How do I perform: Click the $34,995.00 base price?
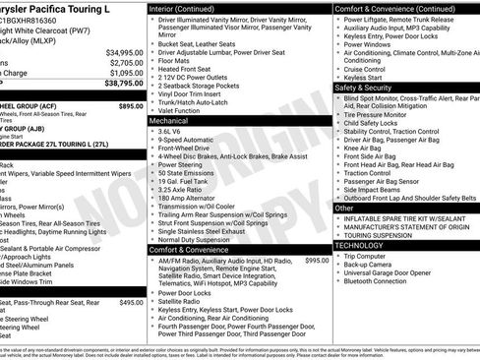[x=125, y=52]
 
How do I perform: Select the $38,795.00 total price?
[x=125, y=85]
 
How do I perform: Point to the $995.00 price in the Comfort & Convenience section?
[x=317, y=260]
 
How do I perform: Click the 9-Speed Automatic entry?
[x=188, y=140]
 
